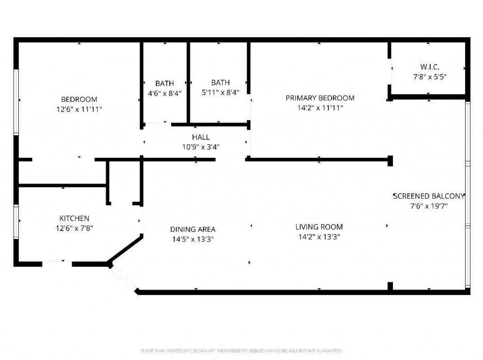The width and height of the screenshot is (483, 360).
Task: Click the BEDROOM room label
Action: pos(79,99)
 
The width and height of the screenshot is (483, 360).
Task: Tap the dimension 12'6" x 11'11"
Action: pos(79,109)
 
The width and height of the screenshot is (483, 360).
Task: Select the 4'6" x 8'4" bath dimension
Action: pos(165,93)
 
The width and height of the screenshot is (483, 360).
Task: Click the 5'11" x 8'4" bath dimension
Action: pos(220,92)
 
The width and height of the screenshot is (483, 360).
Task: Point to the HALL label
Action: pos(201,137)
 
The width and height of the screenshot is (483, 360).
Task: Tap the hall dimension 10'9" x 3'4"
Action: pos(201,147)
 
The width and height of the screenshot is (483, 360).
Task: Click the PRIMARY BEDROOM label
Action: pos(320,98)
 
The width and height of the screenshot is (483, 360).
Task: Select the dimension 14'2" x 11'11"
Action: pos(320,108)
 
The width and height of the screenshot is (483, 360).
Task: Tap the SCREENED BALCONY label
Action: pos(429,196)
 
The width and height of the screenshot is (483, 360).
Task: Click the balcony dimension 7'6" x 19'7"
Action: pos(429,206)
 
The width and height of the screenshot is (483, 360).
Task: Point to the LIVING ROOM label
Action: pos(319,227)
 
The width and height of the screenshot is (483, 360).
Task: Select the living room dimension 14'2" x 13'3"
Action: pos(319,237)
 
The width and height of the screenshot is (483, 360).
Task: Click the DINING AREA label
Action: pos(192,229)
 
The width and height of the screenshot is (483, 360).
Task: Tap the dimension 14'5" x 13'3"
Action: pos(192,239)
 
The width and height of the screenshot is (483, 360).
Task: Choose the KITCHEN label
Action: pos(74,218)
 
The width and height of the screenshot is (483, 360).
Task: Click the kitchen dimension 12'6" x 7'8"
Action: pos(74,228)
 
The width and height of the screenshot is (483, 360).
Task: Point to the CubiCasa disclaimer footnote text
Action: pos(241,351)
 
